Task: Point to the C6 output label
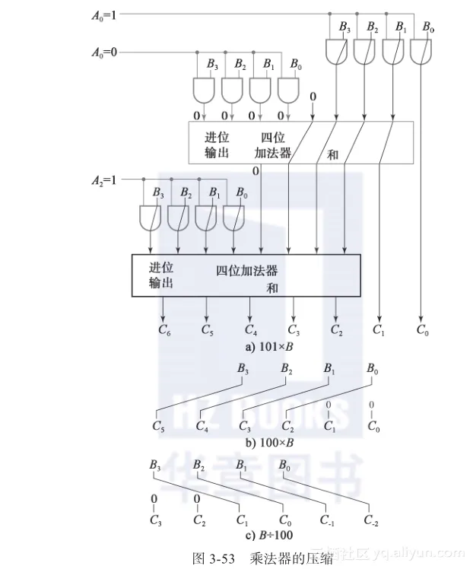pyautogui.click(x=163, y=329)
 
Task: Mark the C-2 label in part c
pyautogui.click(x=372, y=521)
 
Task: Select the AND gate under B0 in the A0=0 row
pyautogui.click(x=287, y=91)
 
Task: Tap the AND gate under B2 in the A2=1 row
pyautogui.click(x=178, y=218)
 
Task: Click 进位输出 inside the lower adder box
pyautogui.click(x=160, y=275)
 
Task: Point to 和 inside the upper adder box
pyautogui.click(x=332, y=154)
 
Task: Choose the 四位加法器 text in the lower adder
pyautogui.click(x=246, y=271)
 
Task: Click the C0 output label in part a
pyautogui.click(x=422, y=329)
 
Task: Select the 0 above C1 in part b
pyautogui.click(x=329, y=404)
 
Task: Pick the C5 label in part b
pyautogui.click(x=158, y=427)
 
